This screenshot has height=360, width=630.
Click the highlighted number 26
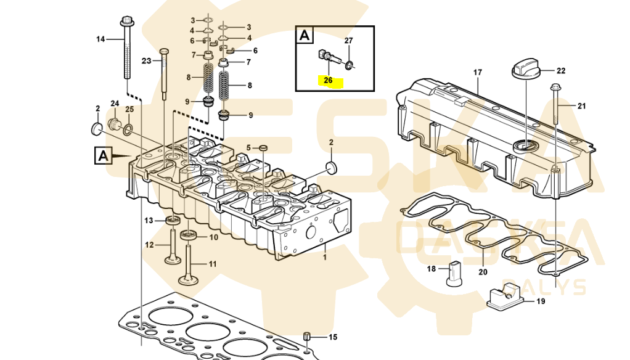[329, 80]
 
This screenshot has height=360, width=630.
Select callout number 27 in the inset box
[348, 41]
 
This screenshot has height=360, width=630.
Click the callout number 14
[100, 39]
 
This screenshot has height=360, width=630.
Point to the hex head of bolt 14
[126, 20]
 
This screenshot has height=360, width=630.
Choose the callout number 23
[146, 60]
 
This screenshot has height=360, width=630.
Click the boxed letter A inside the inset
[305, 35]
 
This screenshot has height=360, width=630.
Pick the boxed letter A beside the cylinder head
[104, 155]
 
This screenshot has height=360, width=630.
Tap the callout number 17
[477, 73]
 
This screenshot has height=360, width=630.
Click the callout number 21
[582, 106]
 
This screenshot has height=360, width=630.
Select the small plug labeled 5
[263, 149]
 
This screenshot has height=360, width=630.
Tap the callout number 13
[149, 221]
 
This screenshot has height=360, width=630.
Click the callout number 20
[483, 272]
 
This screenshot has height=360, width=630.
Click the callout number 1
[325, 257]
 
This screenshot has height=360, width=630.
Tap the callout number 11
[213, 264]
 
